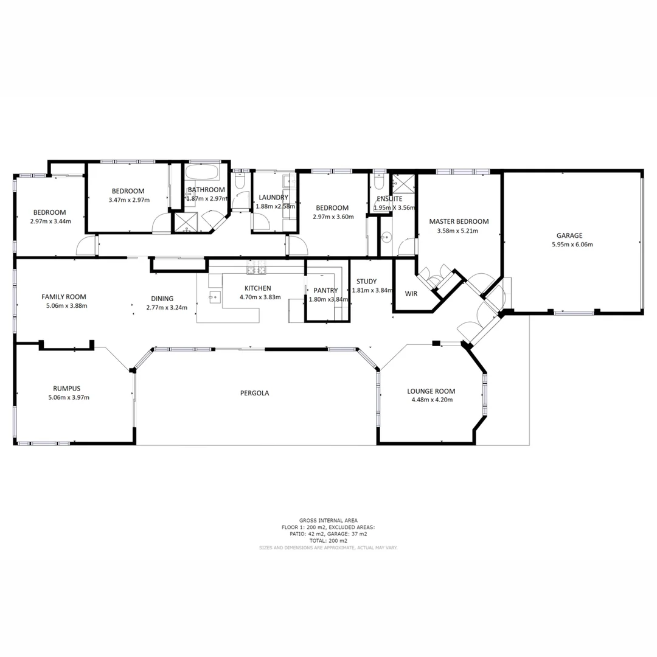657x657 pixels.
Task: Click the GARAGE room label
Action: (569, 235)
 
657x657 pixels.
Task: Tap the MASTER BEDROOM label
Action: (459, 221)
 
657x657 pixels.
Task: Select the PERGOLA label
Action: (254, 393)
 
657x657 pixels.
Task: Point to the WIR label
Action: (411, 294)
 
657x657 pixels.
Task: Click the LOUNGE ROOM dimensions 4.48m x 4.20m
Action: (431, 400)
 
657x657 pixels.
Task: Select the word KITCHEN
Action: (257, 288)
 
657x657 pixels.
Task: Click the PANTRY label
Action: (325, 291)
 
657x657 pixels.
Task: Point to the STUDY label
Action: (366, 282)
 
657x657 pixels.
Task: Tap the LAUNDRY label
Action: (273, 197)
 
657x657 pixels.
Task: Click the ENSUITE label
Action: (389, 198)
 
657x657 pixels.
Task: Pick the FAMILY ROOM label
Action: (64, 297)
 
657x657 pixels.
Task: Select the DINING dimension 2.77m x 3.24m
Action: (167, 308)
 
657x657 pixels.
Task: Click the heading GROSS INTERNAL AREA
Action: (328, 521)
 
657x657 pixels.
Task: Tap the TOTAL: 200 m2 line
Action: (328, 541)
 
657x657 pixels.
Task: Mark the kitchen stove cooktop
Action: (256, 269)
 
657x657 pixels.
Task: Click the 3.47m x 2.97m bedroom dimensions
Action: (129, 200)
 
